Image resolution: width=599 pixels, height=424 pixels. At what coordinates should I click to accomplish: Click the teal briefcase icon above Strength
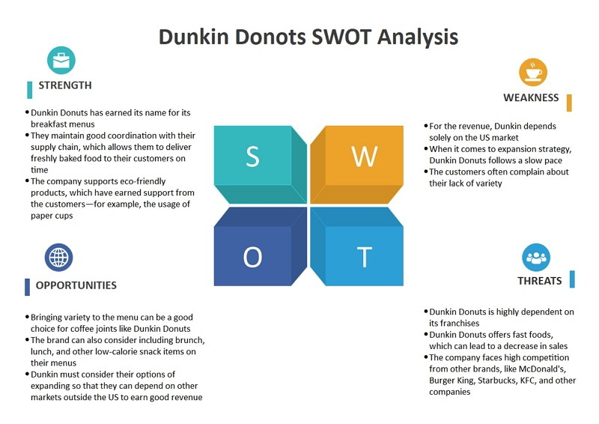click(x=61, y=61)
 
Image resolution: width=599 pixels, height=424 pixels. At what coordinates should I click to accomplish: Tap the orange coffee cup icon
click(x=533, y=72)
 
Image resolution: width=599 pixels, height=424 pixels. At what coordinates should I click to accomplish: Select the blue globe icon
click(x=59, y=257)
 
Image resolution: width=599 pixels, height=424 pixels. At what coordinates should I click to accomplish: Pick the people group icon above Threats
click(x=536, y=258)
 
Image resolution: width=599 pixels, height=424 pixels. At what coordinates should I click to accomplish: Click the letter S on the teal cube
click(x=252, y=157)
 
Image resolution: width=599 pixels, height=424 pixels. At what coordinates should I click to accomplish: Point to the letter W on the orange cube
click(x=365, y=157)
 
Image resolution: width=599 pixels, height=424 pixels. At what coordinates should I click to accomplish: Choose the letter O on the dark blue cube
click(x=252, y=257)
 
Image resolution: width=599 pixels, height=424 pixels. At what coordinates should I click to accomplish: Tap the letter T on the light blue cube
click(x=365, y=257)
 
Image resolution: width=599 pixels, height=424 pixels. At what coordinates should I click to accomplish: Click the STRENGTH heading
click(x=65, y=85)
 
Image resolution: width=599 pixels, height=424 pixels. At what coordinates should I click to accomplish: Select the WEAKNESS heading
click(x=531, y=97)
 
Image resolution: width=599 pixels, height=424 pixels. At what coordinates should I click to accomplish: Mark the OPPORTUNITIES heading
click(x=76, y=285)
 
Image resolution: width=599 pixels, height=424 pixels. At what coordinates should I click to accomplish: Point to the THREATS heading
click(x=540, y=281)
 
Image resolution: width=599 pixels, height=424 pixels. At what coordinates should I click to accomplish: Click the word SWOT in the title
click(x=341, y=37)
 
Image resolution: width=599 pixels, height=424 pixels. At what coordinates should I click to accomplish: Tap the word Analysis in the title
click(x=418, y=38)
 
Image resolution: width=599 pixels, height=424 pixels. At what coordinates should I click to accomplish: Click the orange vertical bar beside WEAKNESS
click(x=569, y=103)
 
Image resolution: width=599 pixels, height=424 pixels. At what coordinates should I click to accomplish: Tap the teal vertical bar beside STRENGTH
click(x=30, y=90)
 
